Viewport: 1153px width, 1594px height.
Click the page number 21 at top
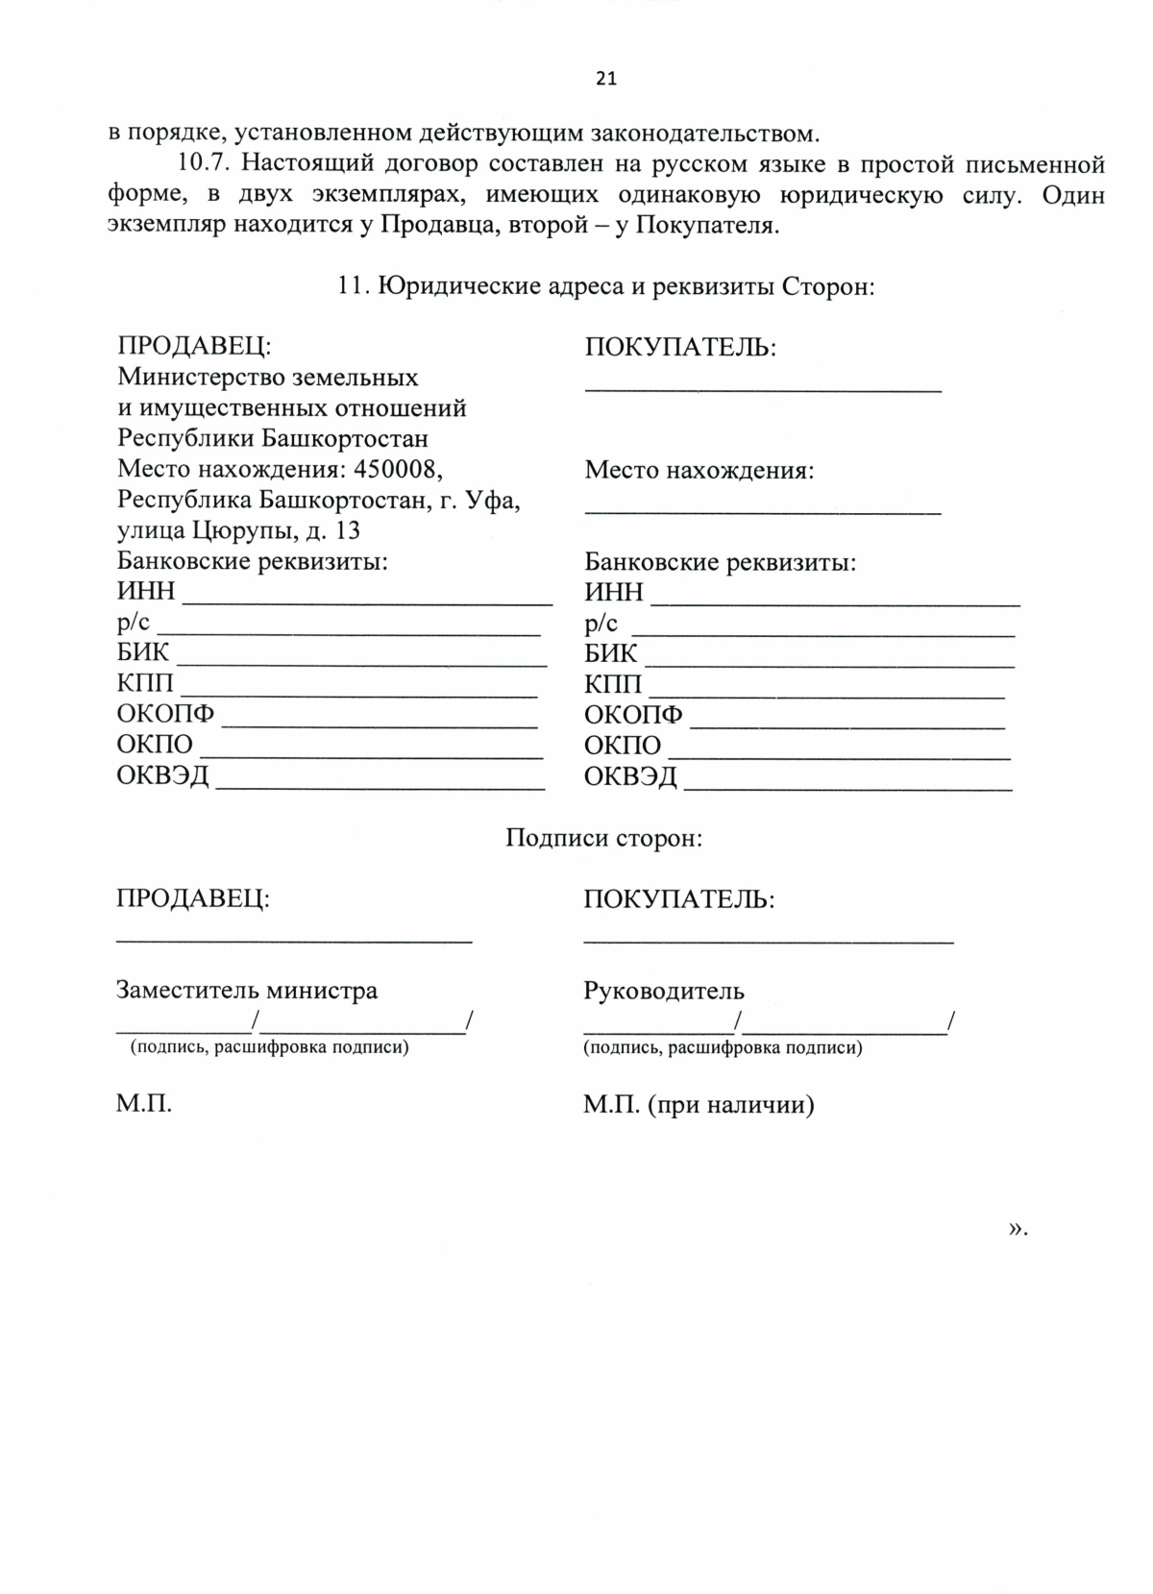tap(605, 79)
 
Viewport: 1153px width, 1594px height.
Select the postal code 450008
tap(398, 469)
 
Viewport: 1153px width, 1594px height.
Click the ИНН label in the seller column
tap(145, 592)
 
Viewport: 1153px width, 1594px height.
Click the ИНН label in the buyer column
tap(613, 592)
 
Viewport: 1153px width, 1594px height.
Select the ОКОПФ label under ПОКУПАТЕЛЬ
tap(633, 715)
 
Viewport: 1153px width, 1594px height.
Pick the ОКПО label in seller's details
tap(155, 745)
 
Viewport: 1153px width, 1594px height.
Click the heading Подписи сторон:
tap(604, 838)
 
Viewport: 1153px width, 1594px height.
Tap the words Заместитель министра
tap(247, 990)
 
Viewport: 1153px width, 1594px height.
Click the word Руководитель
tap(664, 991)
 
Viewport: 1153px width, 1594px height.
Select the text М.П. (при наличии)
tap(699, 1105)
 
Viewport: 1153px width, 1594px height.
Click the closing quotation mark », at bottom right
tap(1018, 1228)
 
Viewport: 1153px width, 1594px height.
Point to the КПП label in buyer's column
tap(613, 684)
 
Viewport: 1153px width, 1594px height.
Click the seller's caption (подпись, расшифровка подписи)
tap(270, 1047)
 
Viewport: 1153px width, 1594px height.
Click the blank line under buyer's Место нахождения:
tap(763, 511)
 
